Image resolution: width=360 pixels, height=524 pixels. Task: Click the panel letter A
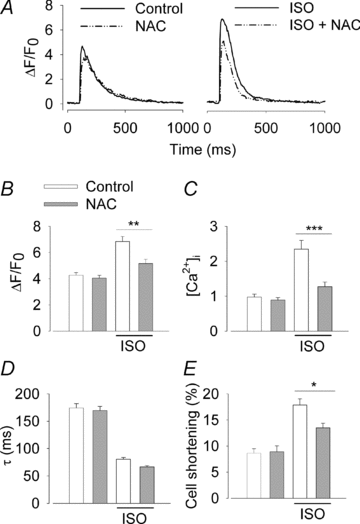pyautogui.click(x=9, y=8)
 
